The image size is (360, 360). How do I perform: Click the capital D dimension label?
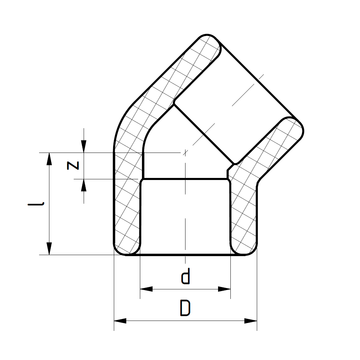(x=185, y=308)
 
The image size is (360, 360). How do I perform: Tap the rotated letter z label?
(x=73, y=165)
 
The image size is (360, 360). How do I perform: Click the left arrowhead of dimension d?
(x=146, y=289)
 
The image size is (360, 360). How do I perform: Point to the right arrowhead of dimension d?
(x=225, y=289)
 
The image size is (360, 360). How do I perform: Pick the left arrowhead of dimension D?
(x=120, y=321)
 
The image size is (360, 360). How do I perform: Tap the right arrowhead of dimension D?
(x=251, y=321)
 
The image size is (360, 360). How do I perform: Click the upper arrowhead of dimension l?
(x=49, y=159)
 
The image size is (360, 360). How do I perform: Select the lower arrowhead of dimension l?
(x=49, y=248)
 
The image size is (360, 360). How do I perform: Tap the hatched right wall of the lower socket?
(x=243, y=213)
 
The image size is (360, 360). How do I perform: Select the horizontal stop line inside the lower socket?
(x=185, y=179)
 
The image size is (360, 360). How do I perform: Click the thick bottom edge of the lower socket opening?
(x=185, y=255)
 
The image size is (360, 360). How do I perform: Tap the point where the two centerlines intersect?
(x=185, y=152)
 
